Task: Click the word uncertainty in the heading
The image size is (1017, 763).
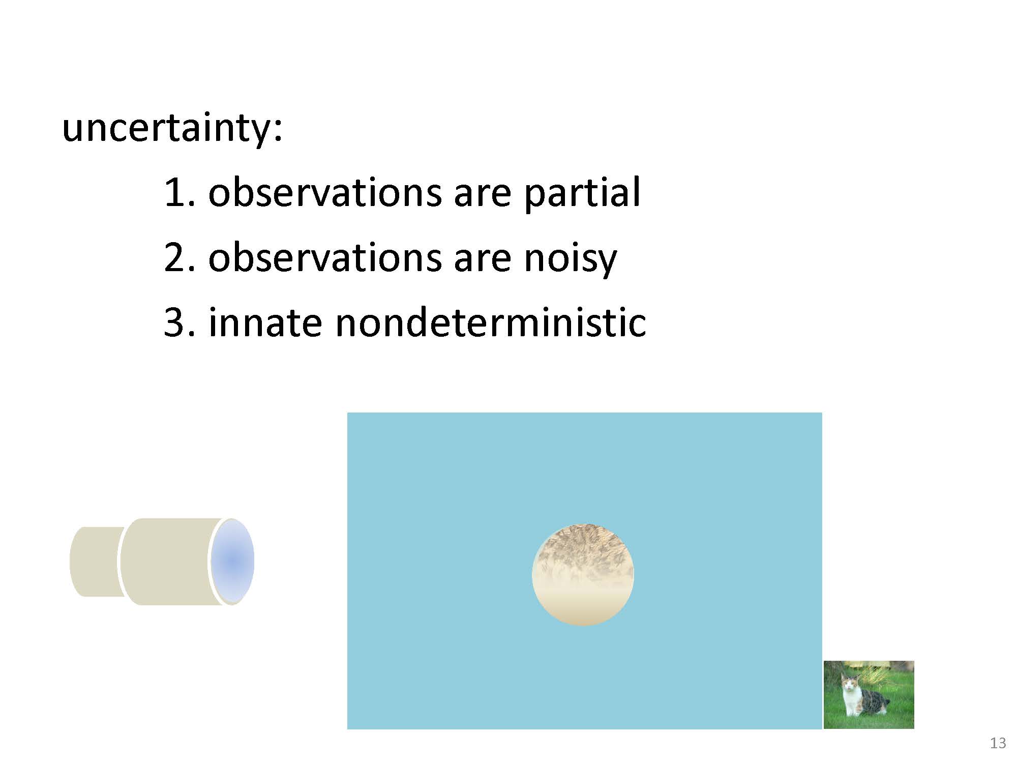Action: click(x=167, y=128)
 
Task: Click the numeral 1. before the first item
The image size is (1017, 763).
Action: click(x=180, y=193)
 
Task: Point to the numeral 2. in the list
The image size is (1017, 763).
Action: click(x=180, y=258)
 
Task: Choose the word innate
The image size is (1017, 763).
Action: click(x=265, y=322)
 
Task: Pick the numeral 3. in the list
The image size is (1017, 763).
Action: click(x=180, y=322)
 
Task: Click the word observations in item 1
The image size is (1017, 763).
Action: click(x=325, y=193)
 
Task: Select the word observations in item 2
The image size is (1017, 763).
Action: click(x=325, y=258)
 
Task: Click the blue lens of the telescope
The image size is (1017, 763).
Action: click(x=232, y=562)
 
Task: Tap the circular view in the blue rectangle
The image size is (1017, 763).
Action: click(x=583, y=575)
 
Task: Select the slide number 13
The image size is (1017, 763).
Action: click(x=998, y=743)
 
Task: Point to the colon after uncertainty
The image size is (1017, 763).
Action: click(x=277, y=131)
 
